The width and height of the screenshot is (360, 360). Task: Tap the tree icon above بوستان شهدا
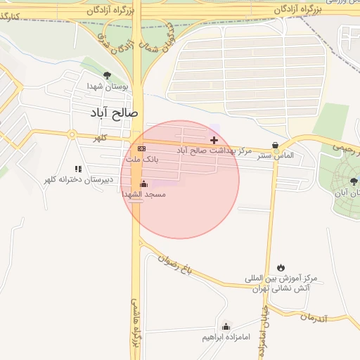pyautogui.click(x=107, y=75)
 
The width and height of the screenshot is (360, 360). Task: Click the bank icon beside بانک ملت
pyautogui.click(x=141, y=149)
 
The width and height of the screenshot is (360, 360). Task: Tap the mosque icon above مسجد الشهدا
pyautogui.click(x=144, y=184)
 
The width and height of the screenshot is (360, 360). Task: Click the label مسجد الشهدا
pyautogui.click(x=143, y=193)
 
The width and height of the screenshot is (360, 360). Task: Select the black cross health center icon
pyautogui.click(x=214, y=141)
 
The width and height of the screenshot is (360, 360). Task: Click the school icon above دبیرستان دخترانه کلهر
pyautogui.click(x=78, y=169)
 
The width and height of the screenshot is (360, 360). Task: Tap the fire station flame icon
pyautogui.click(x=281, y=268)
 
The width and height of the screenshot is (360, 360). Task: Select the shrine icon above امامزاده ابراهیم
pyautogui.click(x=226, y=326)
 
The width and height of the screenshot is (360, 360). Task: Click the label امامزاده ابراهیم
pyautogui.click(x=225, y=337)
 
